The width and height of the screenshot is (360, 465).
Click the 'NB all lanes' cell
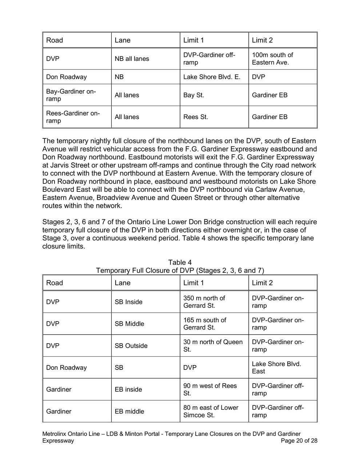(x=132, y=59)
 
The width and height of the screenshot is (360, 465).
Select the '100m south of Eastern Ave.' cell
(x=272, y=59)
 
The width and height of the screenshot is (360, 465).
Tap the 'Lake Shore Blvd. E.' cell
(x=212, y=77)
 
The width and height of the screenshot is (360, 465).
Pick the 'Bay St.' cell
(x=193, y=95)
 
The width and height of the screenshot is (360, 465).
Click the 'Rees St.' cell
(x=196, y=117)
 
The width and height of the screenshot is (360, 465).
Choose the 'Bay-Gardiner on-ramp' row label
(x=71, y=95)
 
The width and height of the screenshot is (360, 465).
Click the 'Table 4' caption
(x=180, y=262)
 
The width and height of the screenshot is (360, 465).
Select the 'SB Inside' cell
(x=129, y=302)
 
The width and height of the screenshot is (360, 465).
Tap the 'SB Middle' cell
(x=129, y=324)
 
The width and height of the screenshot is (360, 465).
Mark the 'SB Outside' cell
(x=131, y=346)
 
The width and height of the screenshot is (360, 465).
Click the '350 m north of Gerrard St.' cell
(x=204, y=302)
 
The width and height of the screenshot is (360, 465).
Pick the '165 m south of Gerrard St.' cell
(x=204, y=324)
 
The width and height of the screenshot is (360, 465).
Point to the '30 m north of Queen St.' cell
(x=213, y=346)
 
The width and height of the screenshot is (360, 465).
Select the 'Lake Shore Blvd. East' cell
(x=276, y=368)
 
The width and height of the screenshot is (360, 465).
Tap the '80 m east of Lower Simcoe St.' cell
(x=211, y=411)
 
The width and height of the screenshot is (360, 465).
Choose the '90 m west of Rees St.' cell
(x=210, y=389)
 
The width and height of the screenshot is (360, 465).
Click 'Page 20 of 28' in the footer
(x=299, y=441)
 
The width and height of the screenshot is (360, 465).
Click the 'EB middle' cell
(x=129, y=411)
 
